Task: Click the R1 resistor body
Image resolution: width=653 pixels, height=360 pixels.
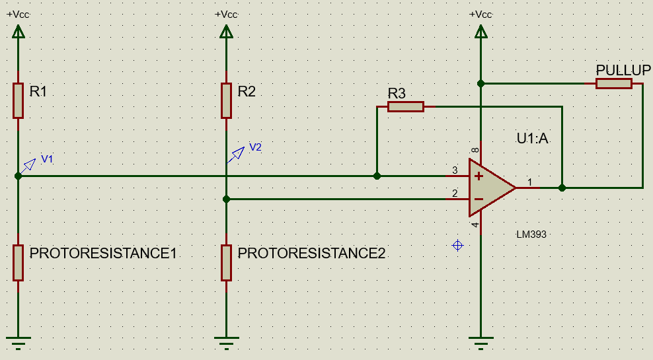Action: [x=19, y=100]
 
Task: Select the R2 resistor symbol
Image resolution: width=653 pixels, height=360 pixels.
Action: [x=226, y=100]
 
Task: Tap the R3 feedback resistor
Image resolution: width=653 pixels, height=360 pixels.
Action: [x=405, y=106]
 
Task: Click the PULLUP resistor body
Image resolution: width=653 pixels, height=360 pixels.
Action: [x=613, y=83]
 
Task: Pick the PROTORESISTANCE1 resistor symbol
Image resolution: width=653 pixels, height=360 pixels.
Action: [x=19, y=262]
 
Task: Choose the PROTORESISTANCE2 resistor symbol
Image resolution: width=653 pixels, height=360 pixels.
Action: [x=226, y=262]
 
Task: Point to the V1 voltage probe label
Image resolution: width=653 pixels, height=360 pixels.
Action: [x=47, y=159]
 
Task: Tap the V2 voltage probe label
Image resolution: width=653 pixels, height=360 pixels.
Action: [x=255, y=147]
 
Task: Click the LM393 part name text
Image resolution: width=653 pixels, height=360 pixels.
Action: [x=532, y=234]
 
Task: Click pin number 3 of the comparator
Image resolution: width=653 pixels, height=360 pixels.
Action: [x=455, y=170]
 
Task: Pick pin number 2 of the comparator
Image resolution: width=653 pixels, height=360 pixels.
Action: [x=455, y=194]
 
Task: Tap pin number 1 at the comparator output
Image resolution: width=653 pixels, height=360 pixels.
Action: [x=529, y=182]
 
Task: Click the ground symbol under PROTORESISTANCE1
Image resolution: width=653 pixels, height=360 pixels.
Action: [x=19, y=342]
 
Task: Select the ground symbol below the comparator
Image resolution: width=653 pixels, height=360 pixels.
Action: [x=480, y=342]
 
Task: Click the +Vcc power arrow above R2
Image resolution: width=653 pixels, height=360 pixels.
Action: [x=226, y=31]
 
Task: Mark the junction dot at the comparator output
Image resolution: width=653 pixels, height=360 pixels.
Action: [x=562, y=188]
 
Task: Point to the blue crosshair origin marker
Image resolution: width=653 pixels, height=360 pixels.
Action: [x=457, y=246]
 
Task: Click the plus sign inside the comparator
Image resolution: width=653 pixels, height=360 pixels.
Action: [x=479, y=176]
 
